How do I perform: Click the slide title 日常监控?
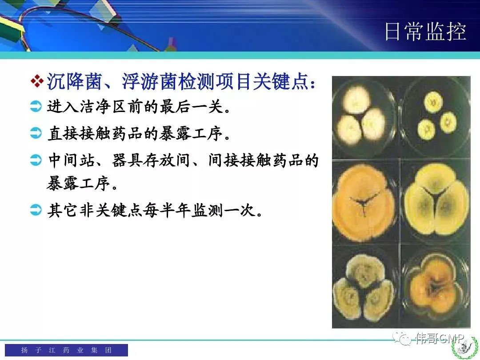tap(425, 31)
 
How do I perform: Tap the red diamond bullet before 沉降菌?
tap(37, 81)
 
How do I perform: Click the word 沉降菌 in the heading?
tap(74, 81)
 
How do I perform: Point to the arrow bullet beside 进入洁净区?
tap(36, 107)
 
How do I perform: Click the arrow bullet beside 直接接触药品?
tap(36, 133)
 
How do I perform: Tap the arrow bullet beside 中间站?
tap(36, 160)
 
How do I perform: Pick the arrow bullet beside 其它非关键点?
tap(36, 210)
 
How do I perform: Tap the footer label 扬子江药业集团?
tap(66, 350)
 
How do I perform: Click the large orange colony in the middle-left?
tap(364, 203)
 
